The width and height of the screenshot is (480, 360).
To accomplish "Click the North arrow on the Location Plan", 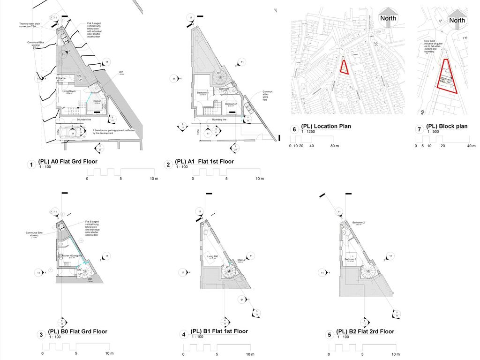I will (388, 16).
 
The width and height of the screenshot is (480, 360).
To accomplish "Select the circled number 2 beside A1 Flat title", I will (168, 165).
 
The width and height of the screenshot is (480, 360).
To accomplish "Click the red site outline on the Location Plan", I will (345, 67).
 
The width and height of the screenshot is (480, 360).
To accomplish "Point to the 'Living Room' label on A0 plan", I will (70, 91).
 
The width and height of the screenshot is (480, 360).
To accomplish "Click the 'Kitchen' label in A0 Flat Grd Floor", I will (97, 101).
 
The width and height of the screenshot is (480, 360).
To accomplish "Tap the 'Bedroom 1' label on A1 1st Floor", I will (202, 93).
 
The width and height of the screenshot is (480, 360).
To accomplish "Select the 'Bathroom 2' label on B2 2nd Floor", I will (359, 223).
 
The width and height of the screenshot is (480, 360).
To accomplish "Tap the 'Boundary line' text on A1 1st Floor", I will (219, 120).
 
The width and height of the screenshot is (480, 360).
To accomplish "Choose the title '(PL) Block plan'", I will (447, 126).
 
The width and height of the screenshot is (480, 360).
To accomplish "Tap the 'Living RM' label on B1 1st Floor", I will (212, 256).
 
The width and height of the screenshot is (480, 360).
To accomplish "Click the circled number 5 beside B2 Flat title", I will (330, 335).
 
